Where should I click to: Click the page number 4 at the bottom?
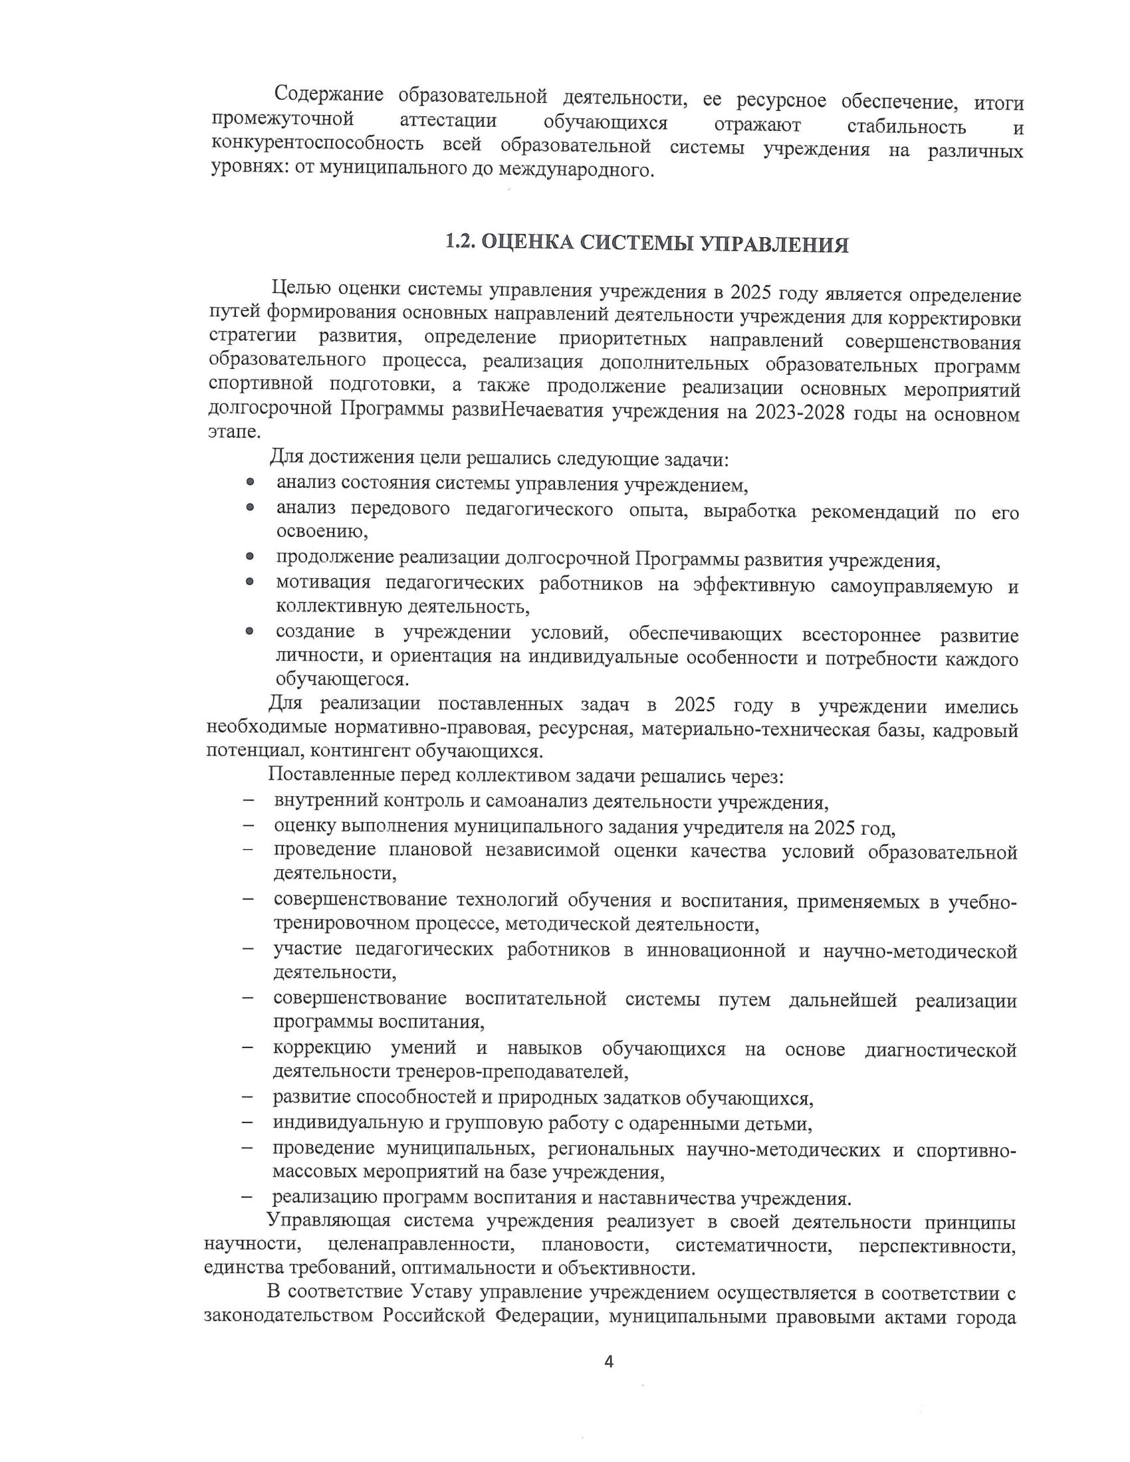pos(608,1361)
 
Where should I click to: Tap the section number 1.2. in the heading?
pos(461,242)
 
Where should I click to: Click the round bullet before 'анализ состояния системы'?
pos(250,482)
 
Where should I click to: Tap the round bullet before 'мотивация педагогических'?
pos(250,582)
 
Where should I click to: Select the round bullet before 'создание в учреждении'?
pos(250,631)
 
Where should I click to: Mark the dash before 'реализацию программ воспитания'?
pos(248,1196)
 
